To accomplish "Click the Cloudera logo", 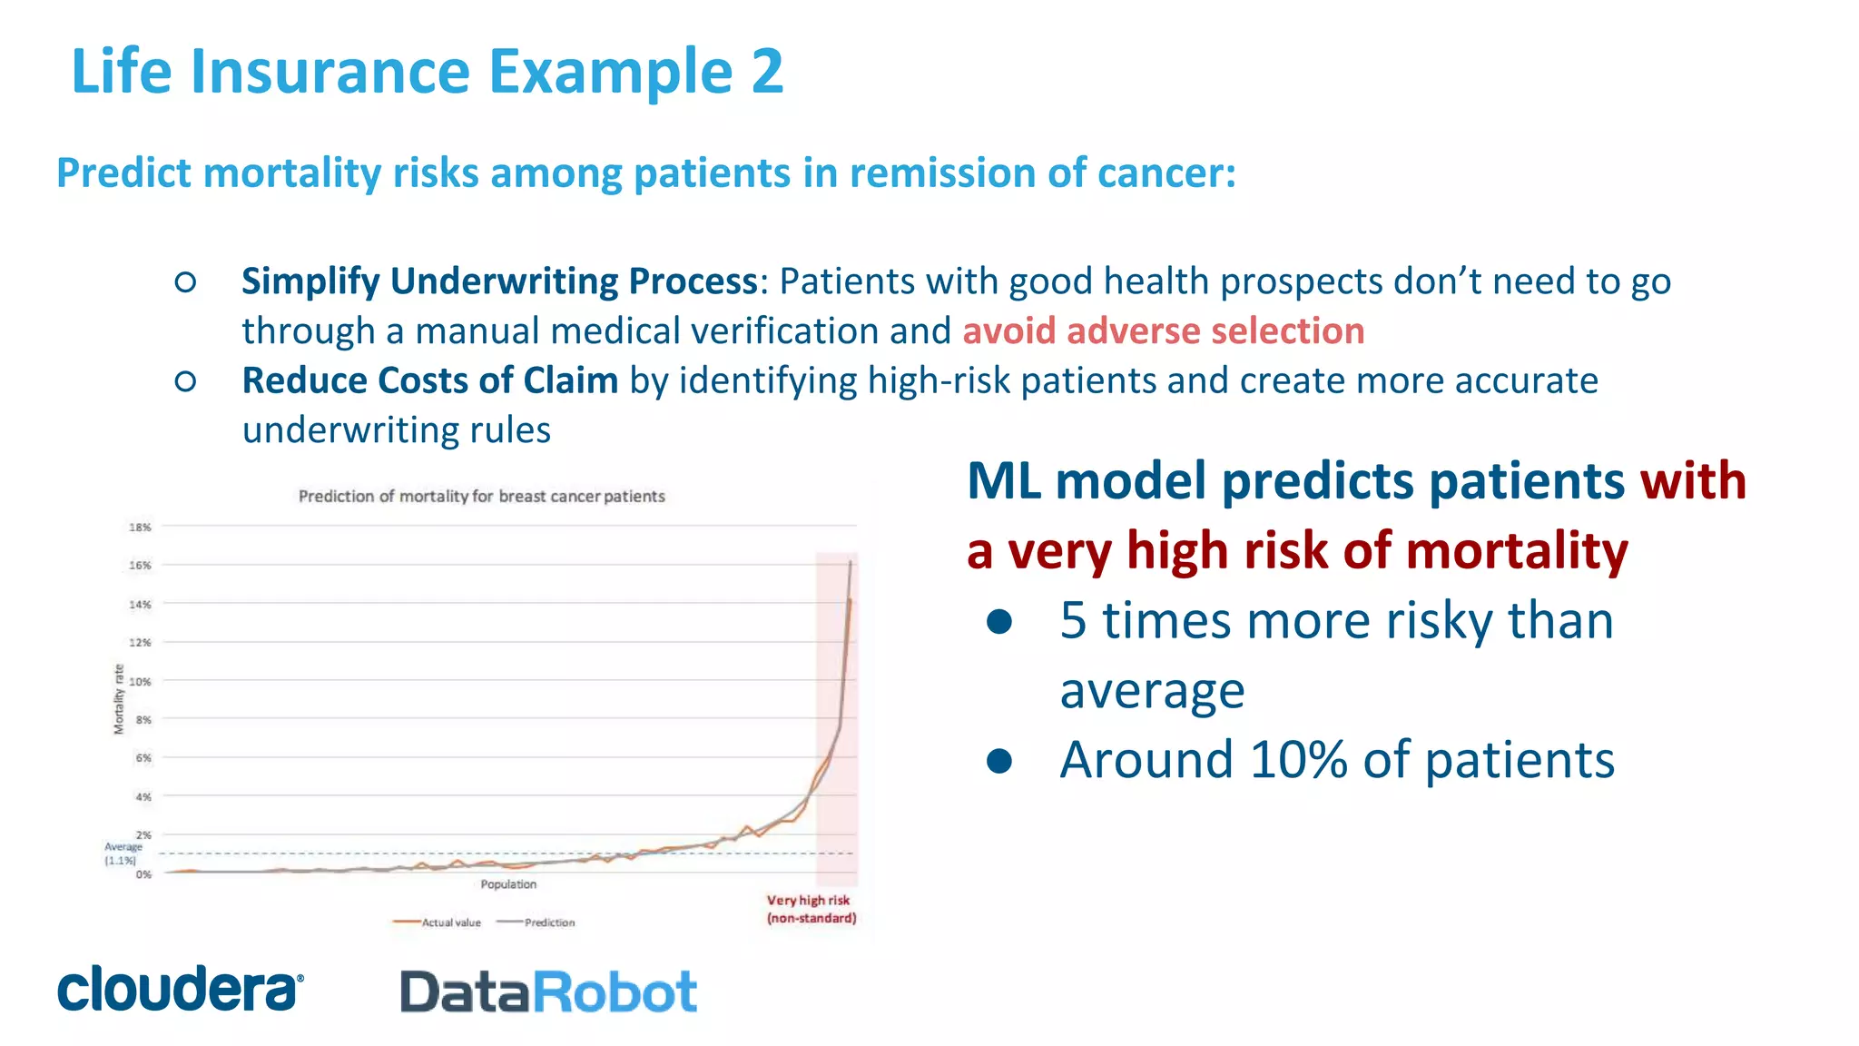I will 180,989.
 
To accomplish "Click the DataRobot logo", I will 548,992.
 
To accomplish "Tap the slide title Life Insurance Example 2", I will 427,71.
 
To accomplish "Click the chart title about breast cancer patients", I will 481,497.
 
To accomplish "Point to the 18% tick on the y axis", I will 140,528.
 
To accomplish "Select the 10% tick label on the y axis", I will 140,682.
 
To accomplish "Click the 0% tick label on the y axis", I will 143,874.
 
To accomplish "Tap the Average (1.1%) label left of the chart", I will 123,854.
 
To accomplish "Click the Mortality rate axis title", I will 118,699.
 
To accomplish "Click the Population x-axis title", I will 508,884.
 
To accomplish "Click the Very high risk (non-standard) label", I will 811,909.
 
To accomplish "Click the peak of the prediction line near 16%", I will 851,563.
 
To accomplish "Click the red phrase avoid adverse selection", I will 1163,331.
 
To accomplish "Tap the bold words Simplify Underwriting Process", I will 499,281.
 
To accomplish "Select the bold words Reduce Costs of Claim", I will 429,380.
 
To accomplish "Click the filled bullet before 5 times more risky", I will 999,622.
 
